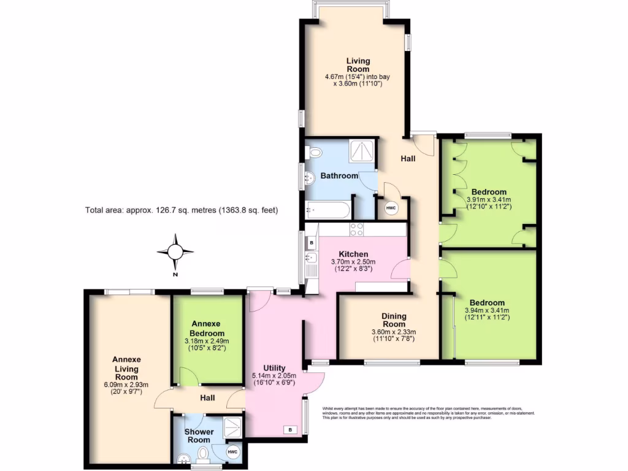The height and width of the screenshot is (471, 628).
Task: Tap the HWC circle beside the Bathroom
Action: (391, 209)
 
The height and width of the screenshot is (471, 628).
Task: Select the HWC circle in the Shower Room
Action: (232, 452)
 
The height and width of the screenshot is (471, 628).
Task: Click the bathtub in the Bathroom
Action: (328, 210)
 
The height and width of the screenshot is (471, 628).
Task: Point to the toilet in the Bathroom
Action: (315, 152)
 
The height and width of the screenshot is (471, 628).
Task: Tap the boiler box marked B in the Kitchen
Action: (312, 243)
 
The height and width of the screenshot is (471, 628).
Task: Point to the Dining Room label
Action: (394, 320)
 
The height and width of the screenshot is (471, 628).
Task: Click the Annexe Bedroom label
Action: (205, 327)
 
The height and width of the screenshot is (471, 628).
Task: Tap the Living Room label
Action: (358, 64)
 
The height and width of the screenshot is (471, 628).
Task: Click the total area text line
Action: (182, 210)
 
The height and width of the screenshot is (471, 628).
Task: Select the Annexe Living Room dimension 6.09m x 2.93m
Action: (126, 388)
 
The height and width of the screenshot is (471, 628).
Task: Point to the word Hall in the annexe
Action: (207, 398)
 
